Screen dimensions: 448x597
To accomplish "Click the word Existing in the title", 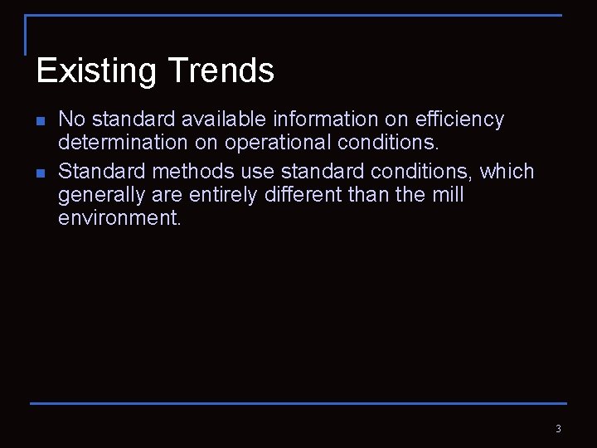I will click(x=90, y=71).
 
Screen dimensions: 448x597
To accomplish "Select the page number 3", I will click(x=558, y=429).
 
